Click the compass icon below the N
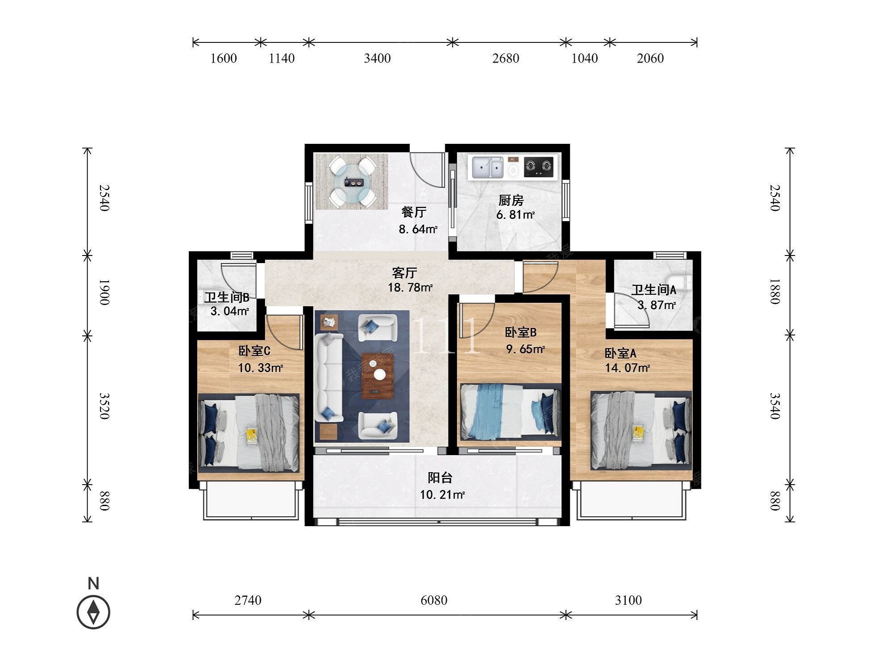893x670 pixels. (x=93, y=612)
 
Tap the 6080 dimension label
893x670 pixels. (x=434, y=600)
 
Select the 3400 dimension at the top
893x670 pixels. (x=377, y=59)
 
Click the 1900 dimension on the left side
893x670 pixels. (x=104, y=292)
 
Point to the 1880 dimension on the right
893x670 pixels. (x=775, y=291)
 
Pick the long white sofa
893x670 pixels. (x=329, y=378)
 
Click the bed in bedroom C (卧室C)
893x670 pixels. (x=249, y=433)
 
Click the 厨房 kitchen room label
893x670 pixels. (x=511, y=200)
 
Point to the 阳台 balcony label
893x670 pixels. (x=440, y=478)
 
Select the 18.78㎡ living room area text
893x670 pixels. (x=410, y=288)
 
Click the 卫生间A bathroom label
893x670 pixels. (x=654, y=290)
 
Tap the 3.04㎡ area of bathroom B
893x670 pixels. (x=230, y=311)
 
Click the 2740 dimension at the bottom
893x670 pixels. (x=248, y=600)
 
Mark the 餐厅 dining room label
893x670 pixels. (x=413, y=212)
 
